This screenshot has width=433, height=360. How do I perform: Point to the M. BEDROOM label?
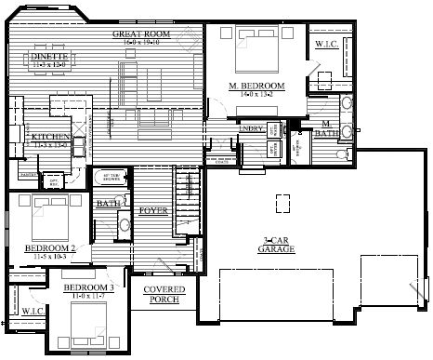(256, 86)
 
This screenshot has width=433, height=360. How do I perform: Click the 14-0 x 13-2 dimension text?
(256, 94)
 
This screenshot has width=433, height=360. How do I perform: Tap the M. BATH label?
(328, 128)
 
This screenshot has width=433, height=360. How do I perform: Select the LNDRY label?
(251, 129)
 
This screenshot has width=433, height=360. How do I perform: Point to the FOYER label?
(152, 211)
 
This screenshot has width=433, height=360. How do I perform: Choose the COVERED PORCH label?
(164, 295)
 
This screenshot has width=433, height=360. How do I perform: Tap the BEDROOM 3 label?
(89, 288)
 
